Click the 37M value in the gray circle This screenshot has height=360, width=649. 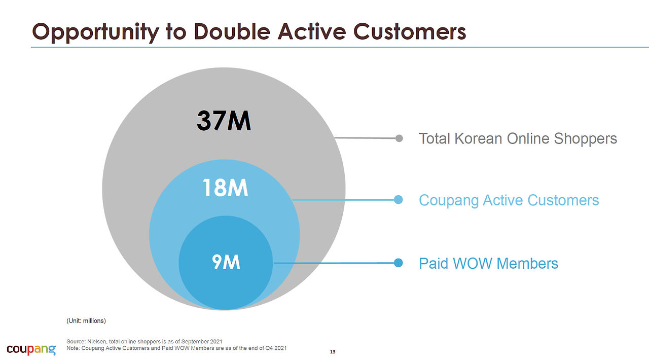point(224,121)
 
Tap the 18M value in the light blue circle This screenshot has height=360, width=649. point(225,188)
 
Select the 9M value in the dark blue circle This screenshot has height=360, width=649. point(226,262)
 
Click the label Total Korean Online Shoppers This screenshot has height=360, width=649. point(518,138)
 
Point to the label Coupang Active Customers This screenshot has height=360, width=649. point(509,200)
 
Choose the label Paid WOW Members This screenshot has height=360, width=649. point(488,263)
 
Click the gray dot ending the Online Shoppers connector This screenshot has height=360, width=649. point(399,138)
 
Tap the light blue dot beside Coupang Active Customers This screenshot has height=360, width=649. point(399,200)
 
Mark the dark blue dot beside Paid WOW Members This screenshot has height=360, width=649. point(399,263)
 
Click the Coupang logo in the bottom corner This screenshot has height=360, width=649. point(31,349)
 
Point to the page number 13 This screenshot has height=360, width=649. point(333,351)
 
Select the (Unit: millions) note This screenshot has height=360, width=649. point(86,321)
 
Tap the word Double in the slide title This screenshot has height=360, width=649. point(232,31)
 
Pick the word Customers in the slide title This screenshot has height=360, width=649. point(409,31)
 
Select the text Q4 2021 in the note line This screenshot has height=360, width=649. point(276,348)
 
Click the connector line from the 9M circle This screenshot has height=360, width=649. point(334,263)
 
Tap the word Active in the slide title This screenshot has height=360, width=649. point(312,31)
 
